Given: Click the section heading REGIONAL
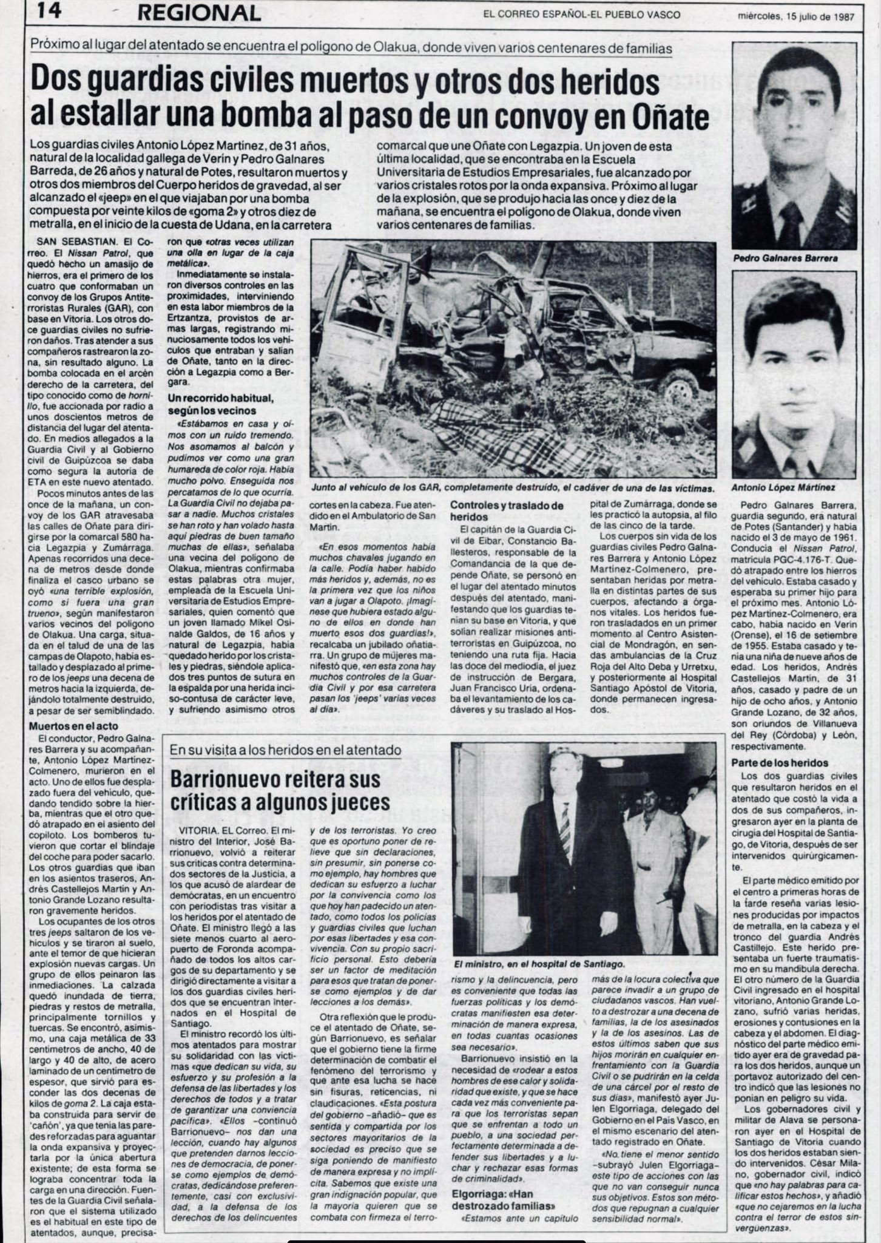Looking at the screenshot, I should coord(198,13).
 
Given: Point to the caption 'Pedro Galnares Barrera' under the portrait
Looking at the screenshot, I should coord(785,258).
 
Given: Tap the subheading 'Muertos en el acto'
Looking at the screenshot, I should coord(74,726).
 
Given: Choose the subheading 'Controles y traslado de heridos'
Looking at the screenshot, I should coord(507,510).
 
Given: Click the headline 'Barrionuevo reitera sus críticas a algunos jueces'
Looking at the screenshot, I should coord(280,791).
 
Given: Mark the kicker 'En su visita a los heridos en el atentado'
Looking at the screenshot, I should coord(285,750).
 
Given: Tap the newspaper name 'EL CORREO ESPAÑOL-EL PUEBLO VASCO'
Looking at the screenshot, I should coord(581,15).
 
